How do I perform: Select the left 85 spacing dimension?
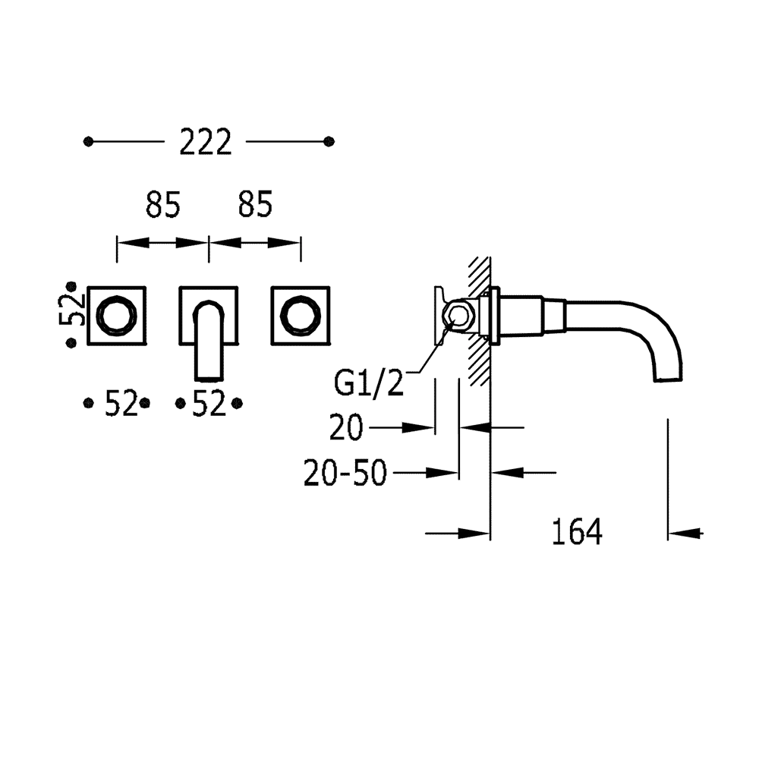point(163,204)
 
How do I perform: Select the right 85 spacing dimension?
point(255,204)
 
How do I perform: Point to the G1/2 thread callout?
point(370,383)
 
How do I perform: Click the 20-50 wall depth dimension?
point(345,474)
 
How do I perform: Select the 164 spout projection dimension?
point(577,533)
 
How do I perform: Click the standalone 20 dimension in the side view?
point(346,429)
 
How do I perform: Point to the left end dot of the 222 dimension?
point(89,142)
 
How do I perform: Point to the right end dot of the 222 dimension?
point(329,142)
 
